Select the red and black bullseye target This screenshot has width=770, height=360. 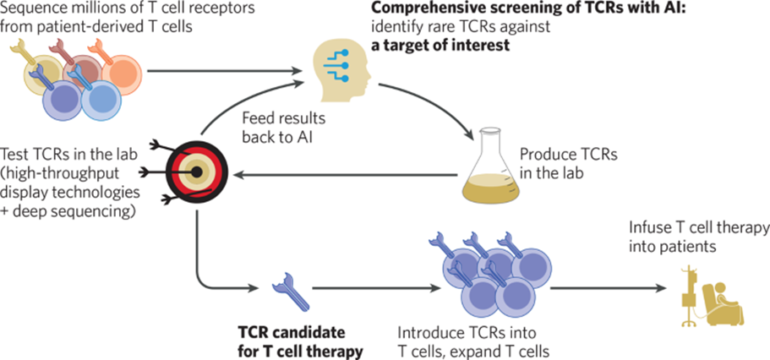point(194,172)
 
